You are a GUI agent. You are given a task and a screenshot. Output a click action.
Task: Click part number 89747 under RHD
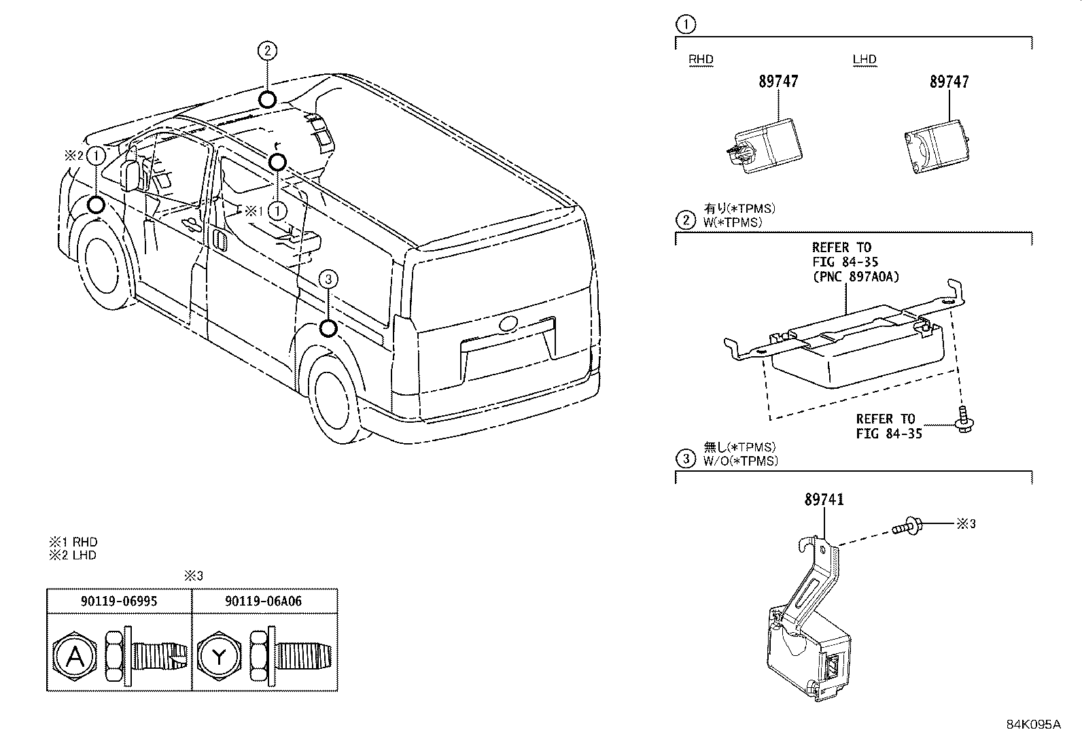pos(778,82)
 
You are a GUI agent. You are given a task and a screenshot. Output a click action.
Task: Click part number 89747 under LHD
pos(949,82)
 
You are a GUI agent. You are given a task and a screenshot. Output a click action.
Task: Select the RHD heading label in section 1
pos(701,59)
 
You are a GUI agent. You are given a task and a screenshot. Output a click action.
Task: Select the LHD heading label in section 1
pos(865,59)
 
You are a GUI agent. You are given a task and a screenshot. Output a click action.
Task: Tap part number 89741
pos(824,500)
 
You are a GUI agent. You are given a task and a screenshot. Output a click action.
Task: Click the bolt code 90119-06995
pos(119,601)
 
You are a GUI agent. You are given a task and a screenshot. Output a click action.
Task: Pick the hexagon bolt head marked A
pos(74,657)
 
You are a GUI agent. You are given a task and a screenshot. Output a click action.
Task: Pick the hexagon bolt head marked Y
pos(219,657)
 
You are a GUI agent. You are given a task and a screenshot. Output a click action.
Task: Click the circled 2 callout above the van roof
pos(268,50)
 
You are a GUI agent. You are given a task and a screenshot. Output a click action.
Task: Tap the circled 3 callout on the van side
pos(328,279)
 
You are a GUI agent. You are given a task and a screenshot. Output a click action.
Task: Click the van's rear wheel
pos(334,401)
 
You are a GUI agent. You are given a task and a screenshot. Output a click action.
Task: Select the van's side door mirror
pos(130,173)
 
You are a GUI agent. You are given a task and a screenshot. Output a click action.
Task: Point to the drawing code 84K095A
pos(1033,724)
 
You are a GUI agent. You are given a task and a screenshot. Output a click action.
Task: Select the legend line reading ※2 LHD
pos(72,555)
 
